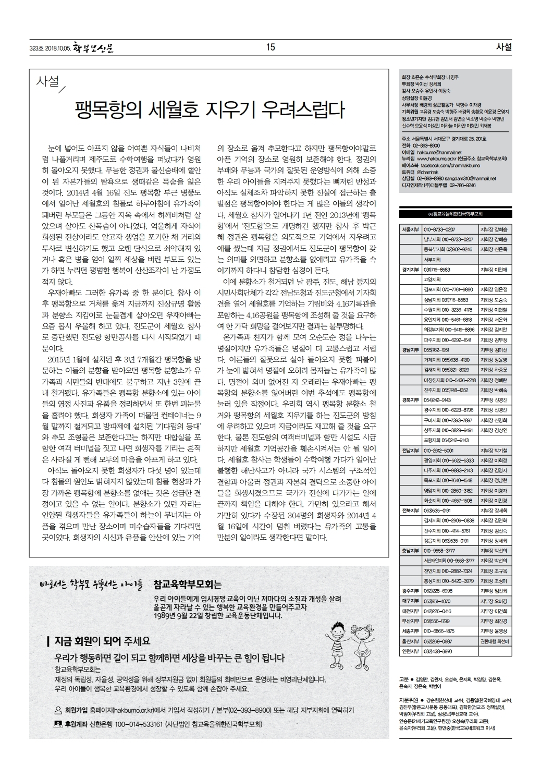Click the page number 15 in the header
[270, 47]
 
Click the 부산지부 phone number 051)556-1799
[437, 621]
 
